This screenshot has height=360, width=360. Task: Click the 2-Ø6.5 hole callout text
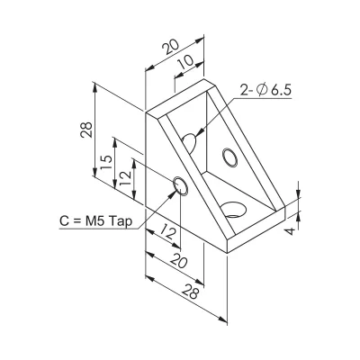pos(265,90)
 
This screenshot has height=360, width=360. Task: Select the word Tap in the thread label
pos(121,221)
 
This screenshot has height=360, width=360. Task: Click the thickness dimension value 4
pos(290,231)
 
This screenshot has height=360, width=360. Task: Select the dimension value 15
pos(106,162)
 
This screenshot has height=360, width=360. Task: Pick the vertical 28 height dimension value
pos(86,130)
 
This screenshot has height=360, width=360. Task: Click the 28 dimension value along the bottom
pos(190,292)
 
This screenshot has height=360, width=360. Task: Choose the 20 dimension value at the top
pos(170,47)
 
